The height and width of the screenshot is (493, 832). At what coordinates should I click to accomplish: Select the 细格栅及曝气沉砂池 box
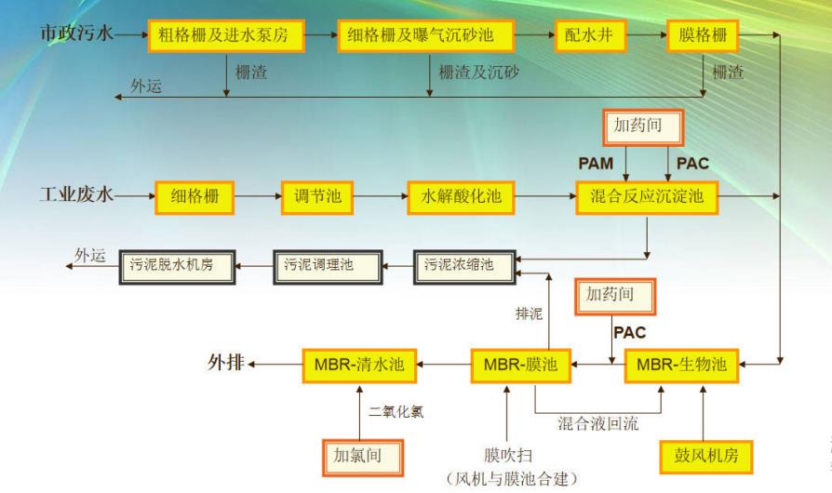(x=427, y=36)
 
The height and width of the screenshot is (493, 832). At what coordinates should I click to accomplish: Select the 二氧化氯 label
(x=396, y=412)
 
